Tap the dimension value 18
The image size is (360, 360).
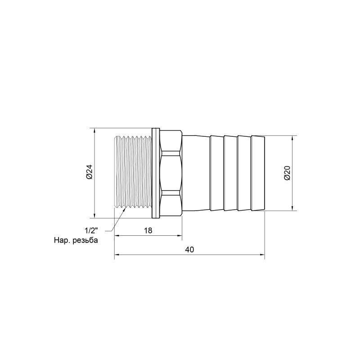pos(148,230)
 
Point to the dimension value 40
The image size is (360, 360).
pos(189,250)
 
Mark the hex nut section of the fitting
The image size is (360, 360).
pos(171,173)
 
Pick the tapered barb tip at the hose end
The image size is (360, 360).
pos(258,173)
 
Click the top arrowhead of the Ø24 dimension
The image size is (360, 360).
pos(94,131)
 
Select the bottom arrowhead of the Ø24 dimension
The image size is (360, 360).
pos(94,215)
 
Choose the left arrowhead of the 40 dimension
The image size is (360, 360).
pos(117,255)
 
